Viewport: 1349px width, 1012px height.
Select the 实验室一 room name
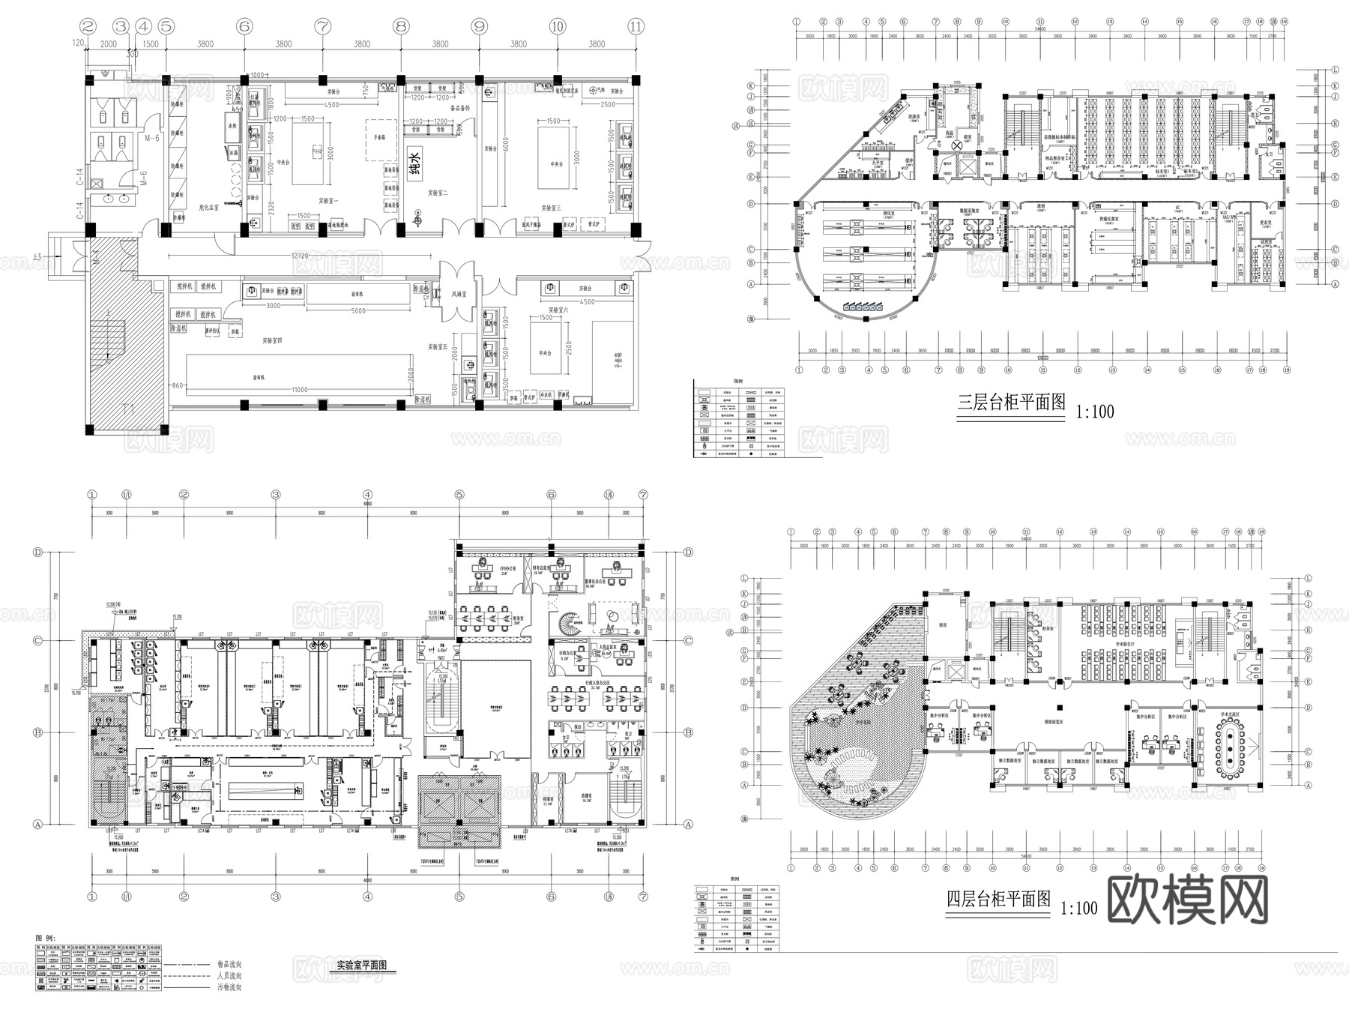[328, 201]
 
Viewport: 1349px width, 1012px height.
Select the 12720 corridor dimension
[301, 256]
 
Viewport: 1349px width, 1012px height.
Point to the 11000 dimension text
[300, 390]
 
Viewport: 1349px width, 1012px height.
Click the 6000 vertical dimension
[507, 147]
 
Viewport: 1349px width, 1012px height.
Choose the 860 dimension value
[177, 385]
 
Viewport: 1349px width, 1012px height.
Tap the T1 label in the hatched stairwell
[127, 409]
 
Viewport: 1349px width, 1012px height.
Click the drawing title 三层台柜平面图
[1012, 403]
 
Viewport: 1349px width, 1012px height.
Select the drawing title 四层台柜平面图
[999, 899]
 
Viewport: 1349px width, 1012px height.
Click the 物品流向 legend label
[229, 965]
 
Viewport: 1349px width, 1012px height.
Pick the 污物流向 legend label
[229, 987]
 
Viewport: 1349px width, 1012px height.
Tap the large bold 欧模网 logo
[1186, 900]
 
